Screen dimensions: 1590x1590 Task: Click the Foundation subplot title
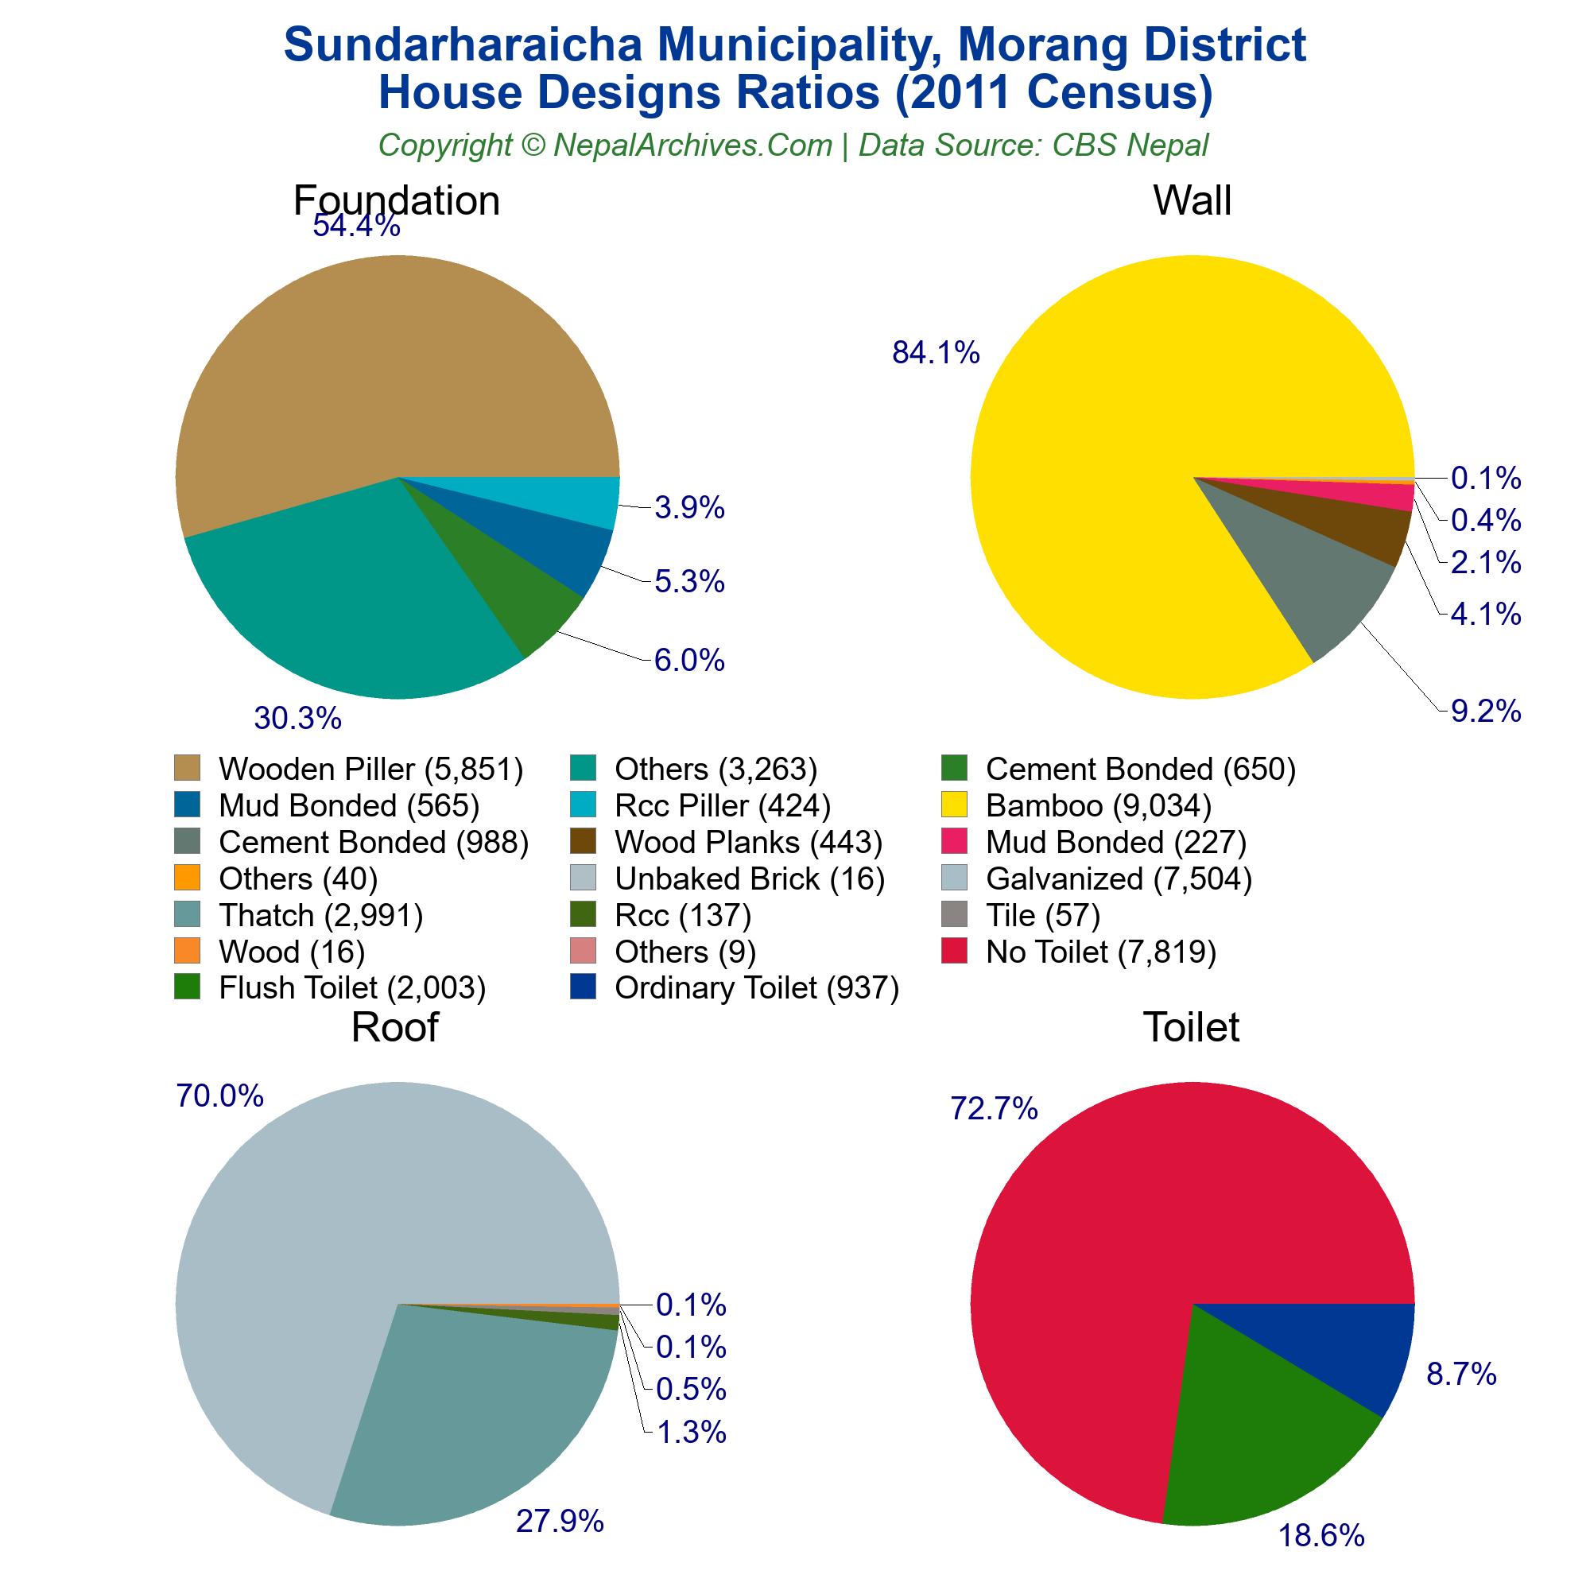click(x=396, y=201)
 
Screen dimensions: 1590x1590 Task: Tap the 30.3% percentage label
click(x=297, y=719)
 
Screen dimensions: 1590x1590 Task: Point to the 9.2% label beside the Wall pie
click(x=1486, y=711)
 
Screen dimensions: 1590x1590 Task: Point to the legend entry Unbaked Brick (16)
click(x=749, y=879)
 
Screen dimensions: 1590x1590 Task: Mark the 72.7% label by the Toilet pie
click(x=995, y=1108)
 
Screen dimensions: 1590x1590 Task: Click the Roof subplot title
click(x=394, y=1027)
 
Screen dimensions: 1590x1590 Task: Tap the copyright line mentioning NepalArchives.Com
click(x=793, y=145)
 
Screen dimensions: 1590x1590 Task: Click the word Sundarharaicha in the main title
click(x=462, y=45)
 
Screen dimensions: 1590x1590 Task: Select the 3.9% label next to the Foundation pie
click(x=689, y=508)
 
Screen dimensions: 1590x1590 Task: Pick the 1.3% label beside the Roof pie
click(x=692, y=1433)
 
